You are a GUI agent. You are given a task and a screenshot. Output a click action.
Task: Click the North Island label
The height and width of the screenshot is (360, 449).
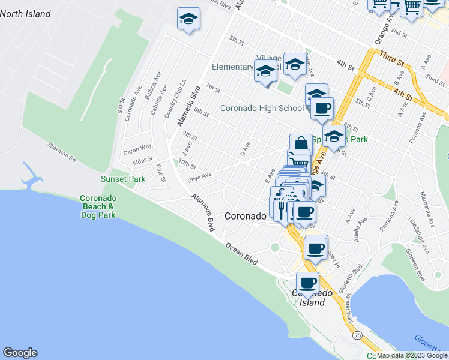click(x=25, y=14)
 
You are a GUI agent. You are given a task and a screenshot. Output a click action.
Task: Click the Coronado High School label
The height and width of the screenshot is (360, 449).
click(x=261, y=109)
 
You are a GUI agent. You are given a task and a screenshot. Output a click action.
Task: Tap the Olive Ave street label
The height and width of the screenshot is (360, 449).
click(x=201, y=175)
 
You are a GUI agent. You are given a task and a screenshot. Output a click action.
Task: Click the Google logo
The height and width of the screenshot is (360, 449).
click(x=20, y=353)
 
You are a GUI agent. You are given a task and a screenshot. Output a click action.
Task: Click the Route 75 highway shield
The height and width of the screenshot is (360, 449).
click(x=357, y=334)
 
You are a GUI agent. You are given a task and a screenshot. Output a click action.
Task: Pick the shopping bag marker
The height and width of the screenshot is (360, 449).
click(x=301, y=144)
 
